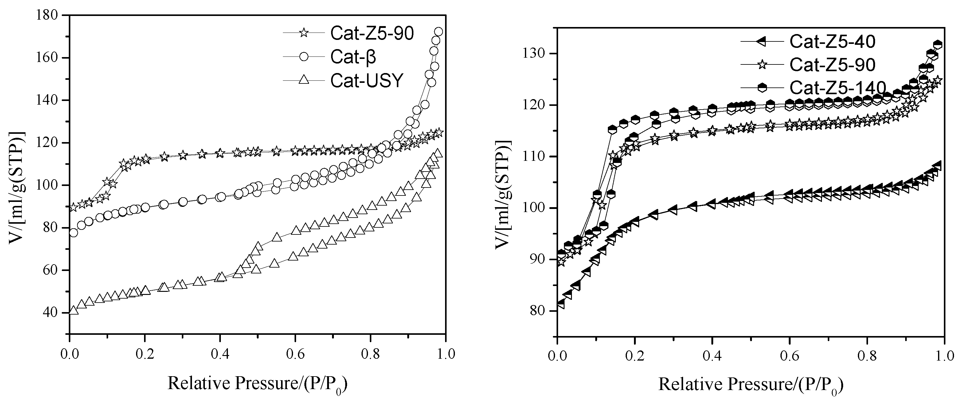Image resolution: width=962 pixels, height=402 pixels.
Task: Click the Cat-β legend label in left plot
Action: click(353, 57)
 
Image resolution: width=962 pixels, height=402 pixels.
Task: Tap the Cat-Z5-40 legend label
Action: click(832, 41)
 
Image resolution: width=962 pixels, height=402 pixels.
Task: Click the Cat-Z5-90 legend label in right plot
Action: click(832, 65)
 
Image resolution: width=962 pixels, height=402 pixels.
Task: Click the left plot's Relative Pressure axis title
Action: click(258, 383)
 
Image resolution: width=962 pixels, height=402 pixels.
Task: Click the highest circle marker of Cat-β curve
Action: click(438, 32)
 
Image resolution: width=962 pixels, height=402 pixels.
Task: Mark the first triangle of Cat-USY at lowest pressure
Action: click(74, 310)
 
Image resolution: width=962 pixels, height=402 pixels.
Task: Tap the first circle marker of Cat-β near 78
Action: click(74, 233)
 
